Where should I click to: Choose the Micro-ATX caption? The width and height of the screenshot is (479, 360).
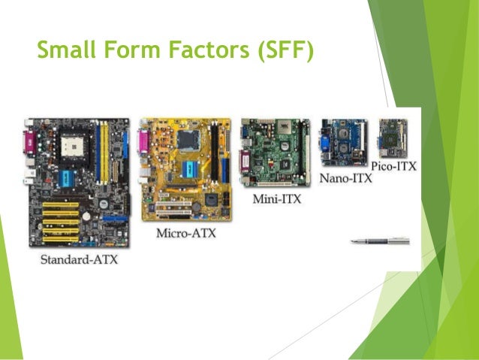tap(185, 233)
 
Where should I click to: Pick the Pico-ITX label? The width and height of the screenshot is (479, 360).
tap(393, 165)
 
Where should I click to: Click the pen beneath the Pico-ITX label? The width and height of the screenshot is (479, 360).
tap(380, 241)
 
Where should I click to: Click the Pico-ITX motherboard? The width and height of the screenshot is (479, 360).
tap(393, 136)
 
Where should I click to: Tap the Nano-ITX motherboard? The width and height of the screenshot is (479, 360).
tap(343, 143)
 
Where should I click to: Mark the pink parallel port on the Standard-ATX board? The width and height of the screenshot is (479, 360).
tap(31, 139)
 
